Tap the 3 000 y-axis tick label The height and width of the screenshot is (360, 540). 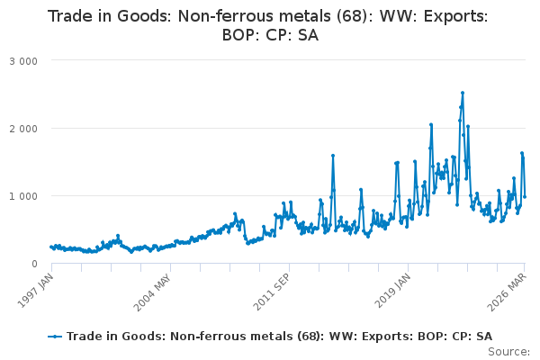[x=23, y=62]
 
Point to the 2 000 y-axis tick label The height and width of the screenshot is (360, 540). [x=23, y=130]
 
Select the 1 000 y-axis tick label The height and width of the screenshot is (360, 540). [x=23, y=197]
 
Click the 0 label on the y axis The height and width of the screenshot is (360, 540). [x=34, y=265]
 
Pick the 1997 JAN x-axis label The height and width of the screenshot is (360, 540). [x=35, y=291]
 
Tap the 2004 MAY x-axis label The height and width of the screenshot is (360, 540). [x=152, y=292]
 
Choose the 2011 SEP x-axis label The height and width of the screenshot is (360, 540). [x=272, y=292]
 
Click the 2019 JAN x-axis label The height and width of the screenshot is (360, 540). [x=393, y=291]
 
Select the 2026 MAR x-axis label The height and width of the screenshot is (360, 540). [x=507, y=292]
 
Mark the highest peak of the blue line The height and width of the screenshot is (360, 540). [x=463, y=93]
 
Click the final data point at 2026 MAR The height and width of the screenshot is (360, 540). [x=525, y=197]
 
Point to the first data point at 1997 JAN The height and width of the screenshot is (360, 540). [x=51, y=247]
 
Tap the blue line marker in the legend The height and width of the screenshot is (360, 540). [x=55, y=337]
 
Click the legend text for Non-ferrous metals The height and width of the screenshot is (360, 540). [x=279, y=337]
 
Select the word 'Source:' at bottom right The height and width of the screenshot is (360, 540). [x=508, y=352]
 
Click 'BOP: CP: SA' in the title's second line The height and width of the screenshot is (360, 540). [x=270, y=35]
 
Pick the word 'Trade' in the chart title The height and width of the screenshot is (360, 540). [x=70, y=16]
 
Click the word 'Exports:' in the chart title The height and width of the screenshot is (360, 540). [x=455, y=16]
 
